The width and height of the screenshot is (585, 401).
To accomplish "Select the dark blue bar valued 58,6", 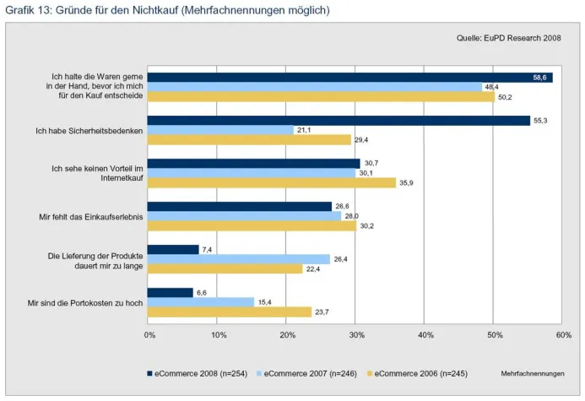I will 350,78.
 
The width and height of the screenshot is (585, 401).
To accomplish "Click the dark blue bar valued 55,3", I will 339,121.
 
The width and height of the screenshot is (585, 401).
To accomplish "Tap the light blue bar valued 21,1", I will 221,130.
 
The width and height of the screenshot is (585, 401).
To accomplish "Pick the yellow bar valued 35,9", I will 272,182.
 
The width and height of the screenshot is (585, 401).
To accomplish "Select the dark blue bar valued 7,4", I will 174,250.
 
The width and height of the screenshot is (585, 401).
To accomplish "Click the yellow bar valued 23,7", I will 230,312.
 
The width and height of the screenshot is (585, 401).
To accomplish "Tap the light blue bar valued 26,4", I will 240,259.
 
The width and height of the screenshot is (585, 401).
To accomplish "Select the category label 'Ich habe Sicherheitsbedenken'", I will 89,131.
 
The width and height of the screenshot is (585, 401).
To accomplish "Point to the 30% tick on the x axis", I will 356,335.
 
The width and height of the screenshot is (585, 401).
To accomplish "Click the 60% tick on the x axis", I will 564,335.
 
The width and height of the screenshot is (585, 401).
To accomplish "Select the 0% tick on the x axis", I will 149,335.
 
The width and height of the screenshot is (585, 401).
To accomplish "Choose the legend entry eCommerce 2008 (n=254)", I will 198,373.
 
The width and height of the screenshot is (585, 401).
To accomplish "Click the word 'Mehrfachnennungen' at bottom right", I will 532,373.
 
